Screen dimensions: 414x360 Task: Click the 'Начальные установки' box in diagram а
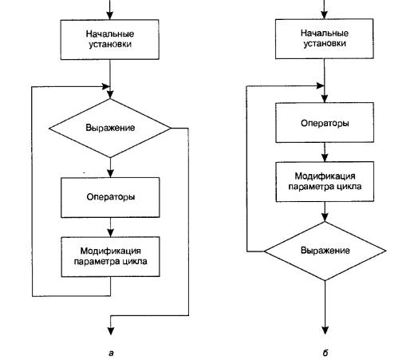(110, 39)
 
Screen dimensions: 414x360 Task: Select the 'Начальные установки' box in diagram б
(325, 39)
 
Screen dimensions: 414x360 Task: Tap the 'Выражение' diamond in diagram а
(110, 129)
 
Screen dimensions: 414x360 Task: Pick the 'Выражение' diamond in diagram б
(325, 251)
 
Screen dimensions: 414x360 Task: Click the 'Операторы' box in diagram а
(110, 197)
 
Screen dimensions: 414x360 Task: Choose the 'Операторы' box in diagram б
(325, 123)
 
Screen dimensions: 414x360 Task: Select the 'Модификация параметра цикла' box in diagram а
(110, 257)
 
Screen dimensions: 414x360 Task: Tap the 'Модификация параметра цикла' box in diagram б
(325, 182)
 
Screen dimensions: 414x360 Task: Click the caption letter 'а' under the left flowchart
(111, 353)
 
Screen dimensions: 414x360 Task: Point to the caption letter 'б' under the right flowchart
(325, 353)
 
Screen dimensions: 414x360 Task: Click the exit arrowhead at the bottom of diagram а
(111, 330)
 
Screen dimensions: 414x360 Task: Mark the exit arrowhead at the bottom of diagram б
(325, 330)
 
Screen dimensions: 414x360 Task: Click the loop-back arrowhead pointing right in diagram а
(106, 86)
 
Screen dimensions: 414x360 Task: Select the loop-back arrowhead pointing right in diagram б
(320, 85)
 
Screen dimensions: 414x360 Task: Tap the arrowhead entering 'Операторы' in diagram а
(110, 174)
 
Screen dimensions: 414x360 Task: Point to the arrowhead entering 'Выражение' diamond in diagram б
(325, 218)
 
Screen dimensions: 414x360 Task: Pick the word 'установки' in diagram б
(325, 44)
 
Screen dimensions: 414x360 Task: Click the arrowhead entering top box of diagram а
(110, 15)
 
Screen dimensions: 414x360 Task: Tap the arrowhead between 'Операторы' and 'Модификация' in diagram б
(325, 158)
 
